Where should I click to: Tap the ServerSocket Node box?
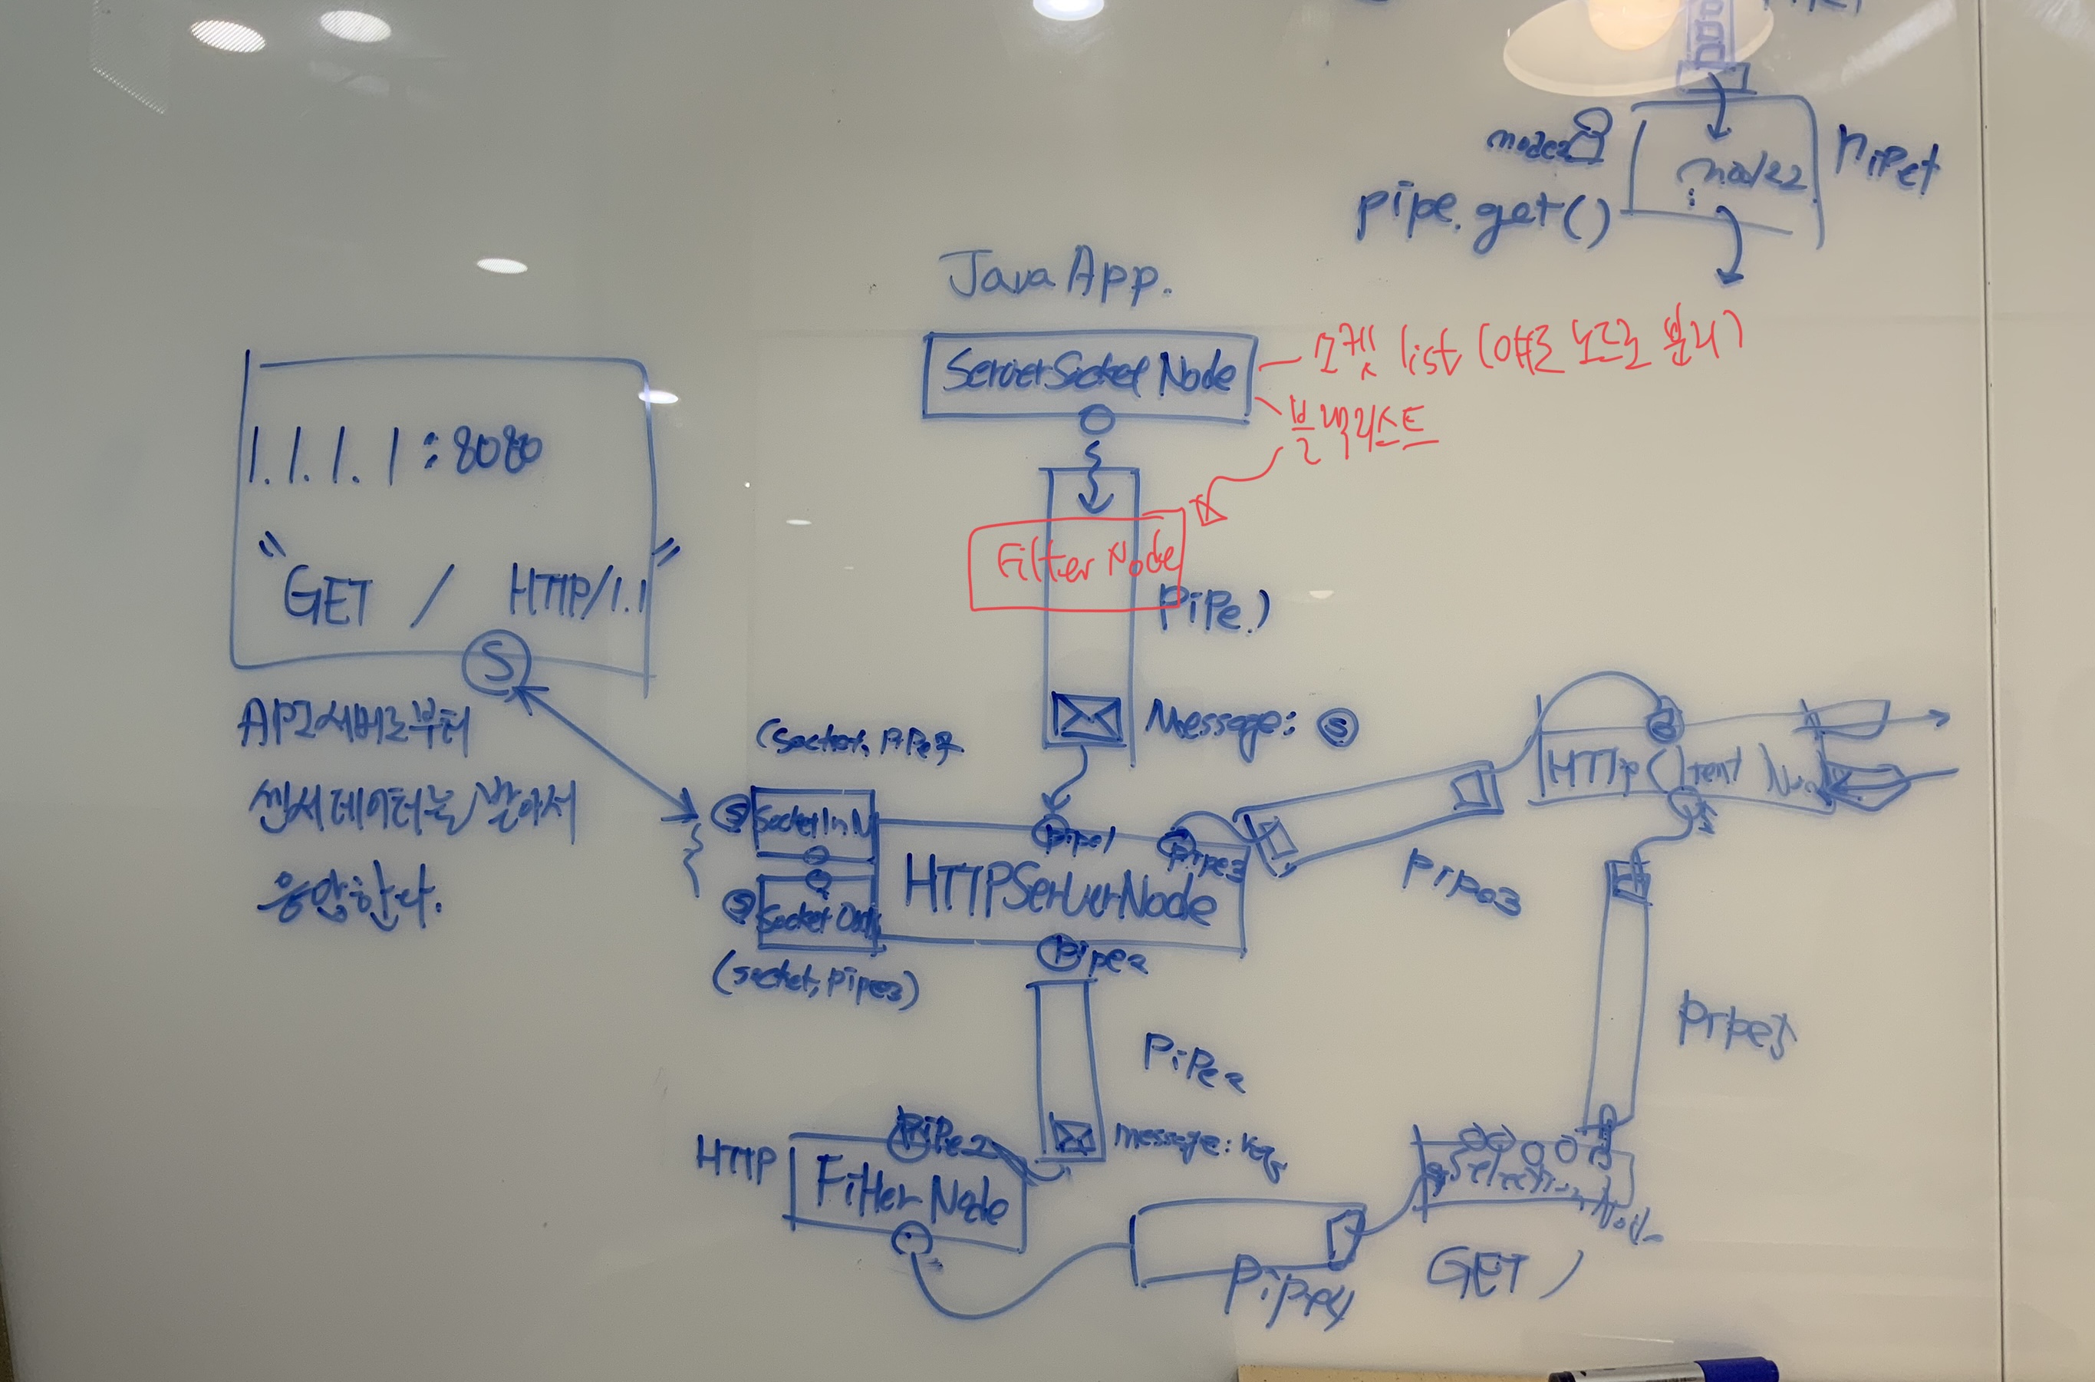point(1089,374)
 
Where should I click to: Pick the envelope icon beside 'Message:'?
point(1087,717)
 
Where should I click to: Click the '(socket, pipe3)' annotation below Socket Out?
point(815,983)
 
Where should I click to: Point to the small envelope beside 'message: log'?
point(1073,1137)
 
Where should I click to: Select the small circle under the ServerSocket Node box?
point(1096,421)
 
